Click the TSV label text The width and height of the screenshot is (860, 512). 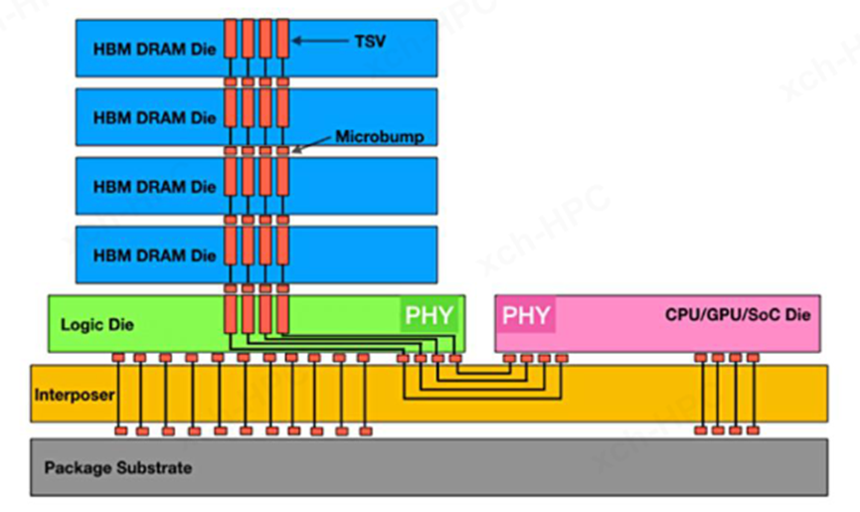click(370, 41)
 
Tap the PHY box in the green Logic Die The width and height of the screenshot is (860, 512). click(430, 316)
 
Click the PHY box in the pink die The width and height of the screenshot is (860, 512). click(526, 316)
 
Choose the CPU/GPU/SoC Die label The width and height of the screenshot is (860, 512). click(738, 315)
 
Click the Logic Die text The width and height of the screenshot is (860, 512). click(97, 324)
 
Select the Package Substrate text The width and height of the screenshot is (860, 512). click(118, 466)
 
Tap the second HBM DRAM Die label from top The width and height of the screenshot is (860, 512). click(154, 118)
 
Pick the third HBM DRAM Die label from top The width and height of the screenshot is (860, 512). click(154, 187)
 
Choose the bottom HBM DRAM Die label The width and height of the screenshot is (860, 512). click(154, 256)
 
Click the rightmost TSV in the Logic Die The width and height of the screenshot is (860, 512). click(283, 313)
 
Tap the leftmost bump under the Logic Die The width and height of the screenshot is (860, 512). click(118, 357)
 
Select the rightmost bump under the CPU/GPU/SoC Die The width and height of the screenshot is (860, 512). click(753, 357)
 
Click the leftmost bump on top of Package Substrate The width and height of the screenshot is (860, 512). click(120, 430)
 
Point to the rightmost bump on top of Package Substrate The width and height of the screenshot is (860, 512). click(753, 430)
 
